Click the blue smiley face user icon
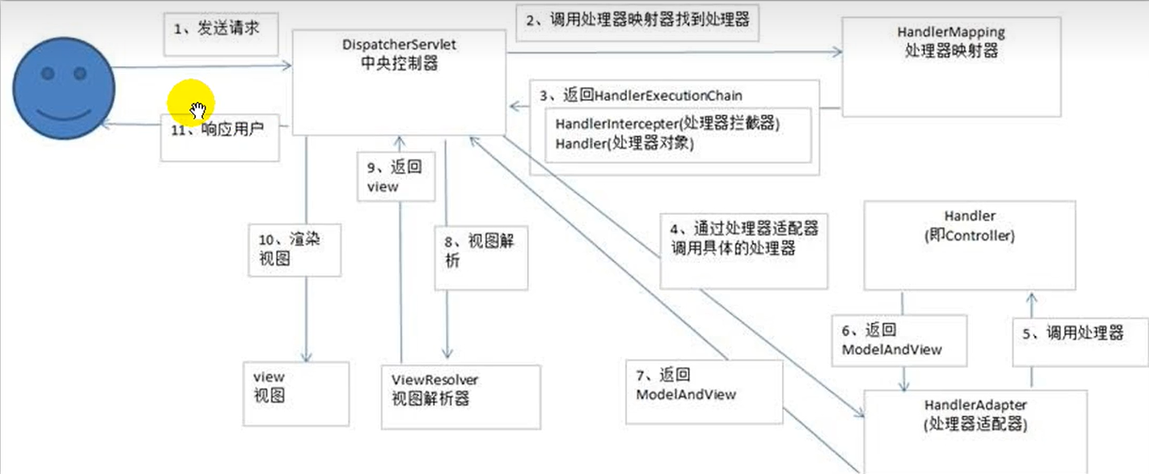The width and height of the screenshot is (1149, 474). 64,88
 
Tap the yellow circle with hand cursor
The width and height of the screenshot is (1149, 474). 191,102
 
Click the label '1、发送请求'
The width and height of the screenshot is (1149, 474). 217,28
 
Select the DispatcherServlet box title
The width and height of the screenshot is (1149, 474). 399,54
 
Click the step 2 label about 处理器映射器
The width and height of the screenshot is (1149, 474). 637,20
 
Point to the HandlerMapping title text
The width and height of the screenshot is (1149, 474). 951,42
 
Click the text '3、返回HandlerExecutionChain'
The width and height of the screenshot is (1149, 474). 640,95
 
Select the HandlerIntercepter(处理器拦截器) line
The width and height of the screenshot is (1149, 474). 668,124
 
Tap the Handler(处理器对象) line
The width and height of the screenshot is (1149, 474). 624,143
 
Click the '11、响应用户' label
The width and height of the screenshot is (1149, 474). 217,129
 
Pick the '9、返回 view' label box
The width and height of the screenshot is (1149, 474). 396,176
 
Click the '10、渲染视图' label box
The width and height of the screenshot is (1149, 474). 294,250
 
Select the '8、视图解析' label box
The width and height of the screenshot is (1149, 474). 481,257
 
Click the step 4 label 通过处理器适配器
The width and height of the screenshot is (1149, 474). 744,238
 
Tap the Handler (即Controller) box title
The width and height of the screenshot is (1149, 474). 969,225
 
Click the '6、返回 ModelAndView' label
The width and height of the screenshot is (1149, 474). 892,340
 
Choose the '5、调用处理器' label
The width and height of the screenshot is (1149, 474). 1072,333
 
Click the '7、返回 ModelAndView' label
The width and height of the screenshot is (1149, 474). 686,384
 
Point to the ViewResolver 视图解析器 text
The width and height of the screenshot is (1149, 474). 434,389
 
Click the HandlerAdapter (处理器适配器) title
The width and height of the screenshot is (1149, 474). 975,415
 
